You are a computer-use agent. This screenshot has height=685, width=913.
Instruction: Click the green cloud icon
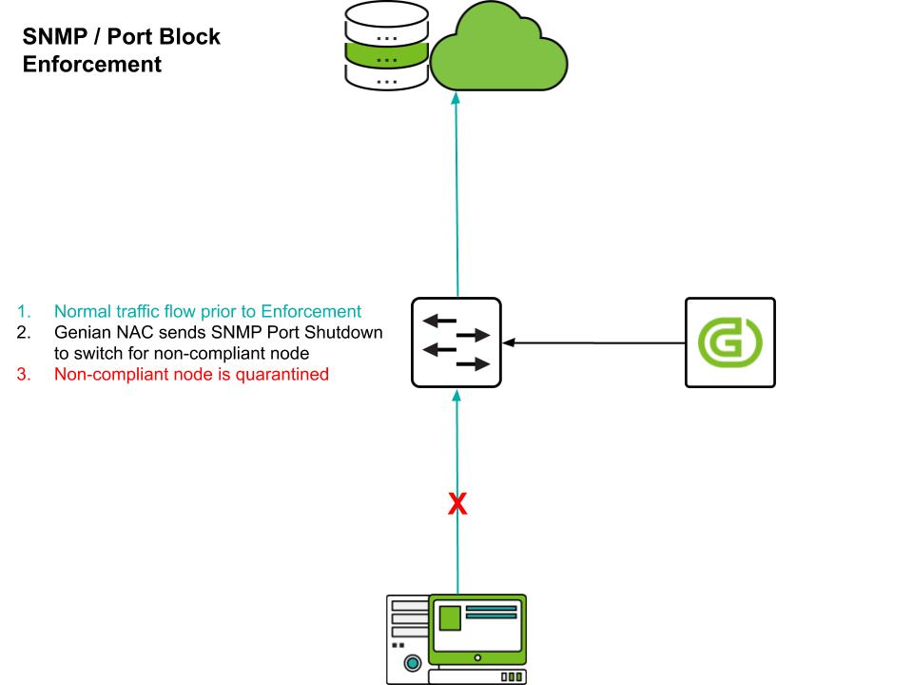(498, 52)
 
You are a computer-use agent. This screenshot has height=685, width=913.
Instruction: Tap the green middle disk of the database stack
(386, 59)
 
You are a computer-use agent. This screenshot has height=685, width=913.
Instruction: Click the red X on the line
(457, 504)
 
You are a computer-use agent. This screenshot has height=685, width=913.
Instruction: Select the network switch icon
(456, 342)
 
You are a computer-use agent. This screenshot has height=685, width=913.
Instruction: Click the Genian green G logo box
(730, 342)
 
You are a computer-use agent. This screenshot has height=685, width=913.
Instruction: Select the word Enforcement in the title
(92, 65)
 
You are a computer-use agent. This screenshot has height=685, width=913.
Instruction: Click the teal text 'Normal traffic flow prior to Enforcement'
(207, 311)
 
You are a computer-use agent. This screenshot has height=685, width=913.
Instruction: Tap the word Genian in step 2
(83, 332)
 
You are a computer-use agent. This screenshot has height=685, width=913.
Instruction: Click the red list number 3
(23, 374)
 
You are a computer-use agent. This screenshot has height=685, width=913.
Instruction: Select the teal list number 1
(23, 311)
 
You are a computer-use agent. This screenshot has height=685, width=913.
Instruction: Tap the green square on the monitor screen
(449, 617)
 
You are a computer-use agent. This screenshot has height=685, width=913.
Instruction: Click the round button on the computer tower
(412, 662)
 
